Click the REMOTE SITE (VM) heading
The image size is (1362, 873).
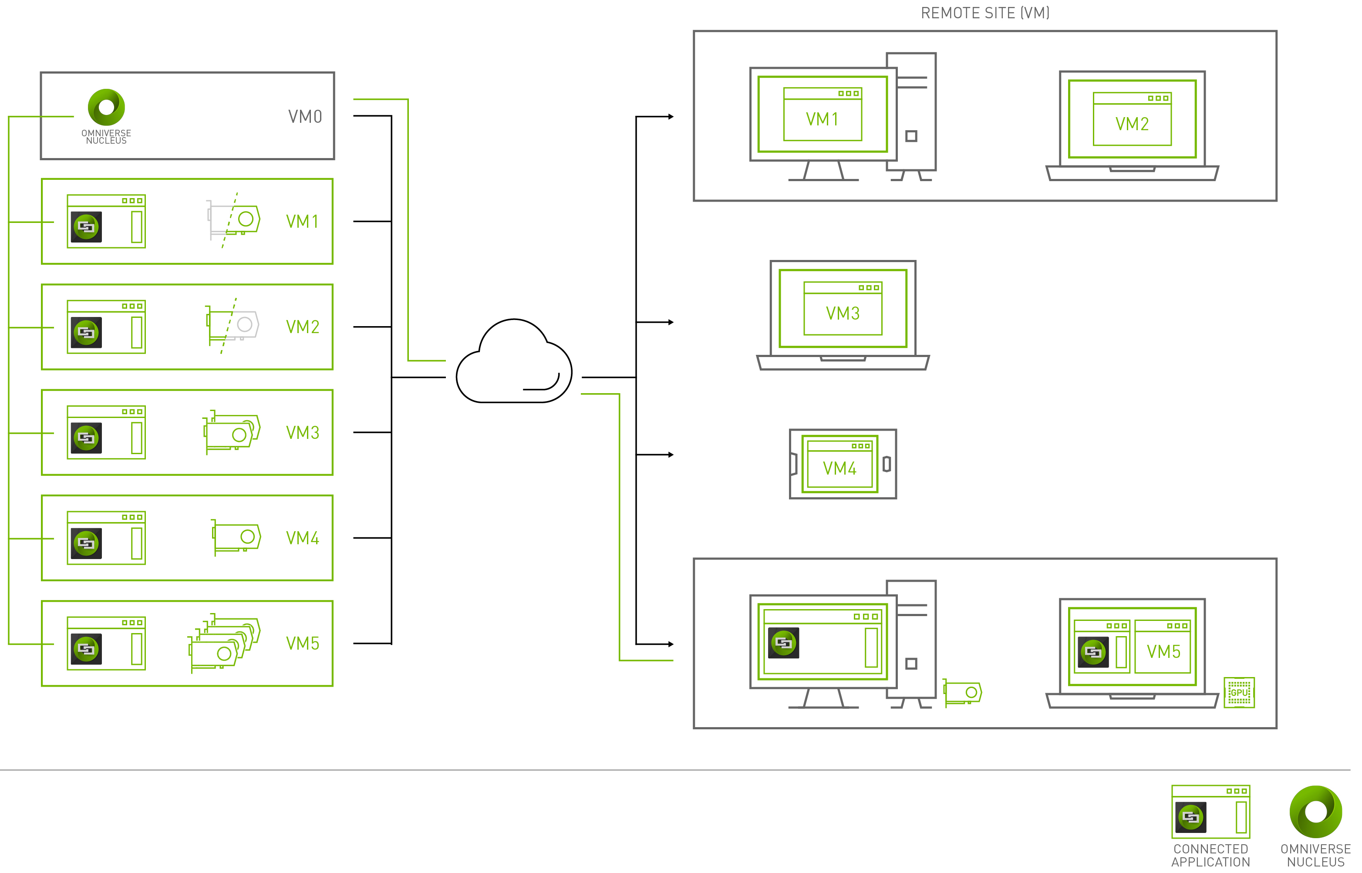coord(985,13)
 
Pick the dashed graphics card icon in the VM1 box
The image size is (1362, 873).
coord(233,220)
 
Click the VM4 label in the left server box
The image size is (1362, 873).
coord(303,538)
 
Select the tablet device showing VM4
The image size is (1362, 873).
coord(843,464)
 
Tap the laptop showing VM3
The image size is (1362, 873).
coord(843,315)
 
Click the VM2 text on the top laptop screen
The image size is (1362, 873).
coord(1132,124)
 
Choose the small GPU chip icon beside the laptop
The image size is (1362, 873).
coord(1239,692)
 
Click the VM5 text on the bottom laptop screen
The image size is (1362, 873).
coord(1163,652)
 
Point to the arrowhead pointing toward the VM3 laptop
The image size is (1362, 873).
coord(671,323)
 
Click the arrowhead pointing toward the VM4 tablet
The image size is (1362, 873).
coord(671,455)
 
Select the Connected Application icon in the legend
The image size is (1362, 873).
coord(1210,812)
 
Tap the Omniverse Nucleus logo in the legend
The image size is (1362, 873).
coord(1315,812)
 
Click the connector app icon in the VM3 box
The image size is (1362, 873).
coord(87,438)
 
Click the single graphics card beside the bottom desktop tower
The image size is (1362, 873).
coord(962,693)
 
